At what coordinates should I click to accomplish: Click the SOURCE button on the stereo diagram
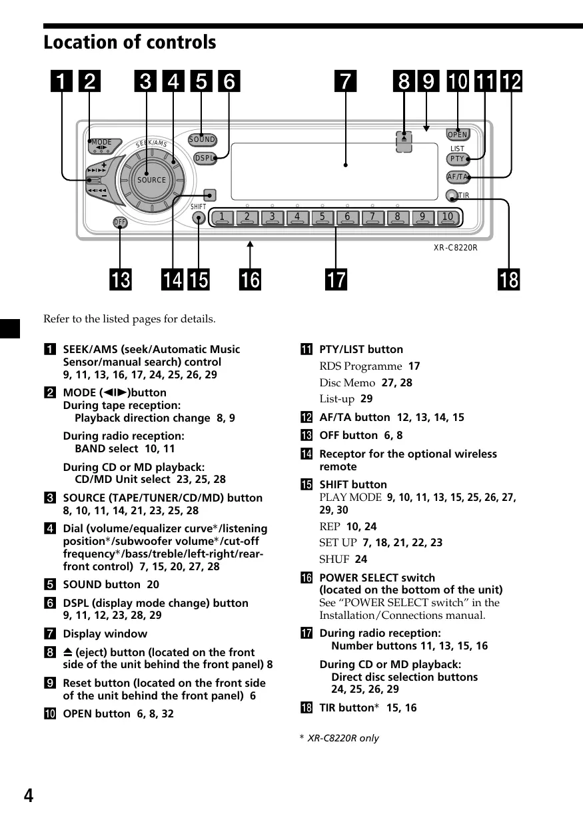click(151, 180)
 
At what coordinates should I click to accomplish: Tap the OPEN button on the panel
click(458, 135)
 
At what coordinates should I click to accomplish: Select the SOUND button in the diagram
click(202, 139)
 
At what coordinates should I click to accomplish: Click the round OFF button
click(120, 222)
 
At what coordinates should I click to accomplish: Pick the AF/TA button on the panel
click(458, 177)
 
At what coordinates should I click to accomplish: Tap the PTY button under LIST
click(458, 159)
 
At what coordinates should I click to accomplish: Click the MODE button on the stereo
click(104, 146)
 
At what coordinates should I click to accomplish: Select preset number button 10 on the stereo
click(448, 218)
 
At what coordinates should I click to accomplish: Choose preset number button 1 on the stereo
click(222, 218)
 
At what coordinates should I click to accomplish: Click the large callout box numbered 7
click(346, 81)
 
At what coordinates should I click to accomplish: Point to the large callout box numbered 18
click(508, 279)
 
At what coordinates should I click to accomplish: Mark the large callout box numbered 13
click(120, 279)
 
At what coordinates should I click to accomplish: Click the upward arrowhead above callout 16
click(250, 244)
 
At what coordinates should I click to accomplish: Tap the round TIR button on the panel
click(451, 195)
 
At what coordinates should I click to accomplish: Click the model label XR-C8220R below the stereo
click(456, 247)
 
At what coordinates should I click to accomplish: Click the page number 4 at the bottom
click(29, 795)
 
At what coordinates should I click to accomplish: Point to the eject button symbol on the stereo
click(404, 139)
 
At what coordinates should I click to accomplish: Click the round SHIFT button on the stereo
click(199, 218)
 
